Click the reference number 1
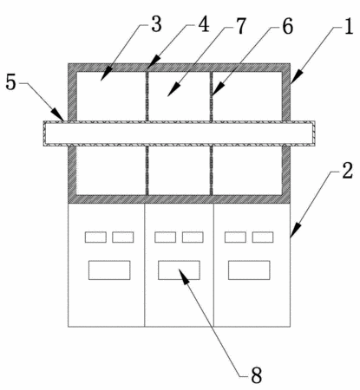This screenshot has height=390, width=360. (x=349, y=28)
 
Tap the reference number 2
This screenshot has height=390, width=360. (x=348, y=171)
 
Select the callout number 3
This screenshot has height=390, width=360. (x=156, y=24)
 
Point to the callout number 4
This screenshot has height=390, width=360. (x=204, y=24)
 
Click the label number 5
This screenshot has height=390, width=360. (x=11, y=82)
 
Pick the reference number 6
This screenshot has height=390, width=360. (x=287, y=27)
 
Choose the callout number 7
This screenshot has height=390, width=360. (x=240, y=26)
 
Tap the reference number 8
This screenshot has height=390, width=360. (x=257, y=375)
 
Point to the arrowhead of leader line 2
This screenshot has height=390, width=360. (x=295, y=231)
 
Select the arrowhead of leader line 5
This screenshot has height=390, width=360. (x=58, y=114)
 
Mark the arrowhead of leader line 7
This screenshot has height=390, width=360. (x=173, y=90)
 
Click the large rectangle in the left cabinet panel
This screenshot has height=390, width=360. (x=109, y=270)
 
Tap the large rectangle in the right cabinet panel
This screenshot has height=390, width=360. (x=249, y=270)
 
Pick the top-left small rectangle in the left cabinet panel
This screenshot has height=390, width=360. (x=95, y=237)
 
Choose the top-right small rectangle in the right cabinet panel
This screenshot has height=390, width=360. (x=263, y=237)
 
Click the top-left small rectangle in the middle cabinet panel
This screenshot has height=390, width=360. (x=165, y=237)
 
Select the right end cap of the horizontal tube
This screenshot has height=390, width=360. (x=314, y=133)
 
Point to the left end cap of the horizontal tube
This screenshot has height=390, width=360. (x=45, y=133)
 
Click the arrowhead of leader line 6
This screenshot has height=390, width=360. (x=218, y=88)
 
